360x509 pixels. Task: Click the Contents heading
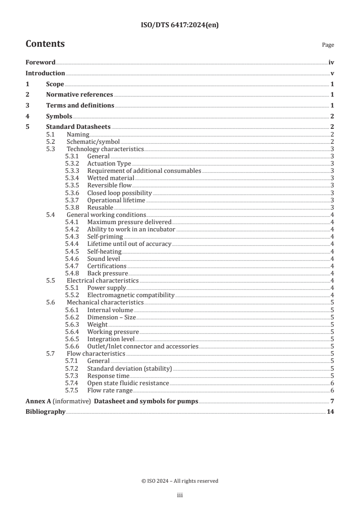tap(45, 44)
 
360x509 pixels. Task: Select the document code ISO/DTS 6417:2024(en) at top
tap(180, 25)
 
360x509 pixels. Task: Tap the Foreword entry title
tap(40, 63)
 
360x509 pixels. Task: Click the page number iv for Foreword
tap(331, 63)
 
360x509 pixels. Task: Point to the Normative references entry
tap(79, 95)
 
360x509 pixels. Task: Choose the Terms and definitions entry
tap(80, 106)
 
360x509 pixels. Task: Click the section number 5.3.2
tap(72, 163)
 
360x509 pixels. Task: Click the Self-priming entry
tap(105, 236)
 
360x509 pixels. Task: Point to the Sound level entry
tap(104, 259)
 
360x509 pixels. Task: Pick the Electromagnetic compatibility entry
tap(131, 295)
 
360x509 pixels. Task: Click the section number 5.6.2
tap(72, 317)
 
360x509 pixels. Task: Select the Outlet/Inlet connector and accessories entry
tap(143, 346)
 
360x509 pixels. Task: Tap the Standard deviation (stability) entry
tap(129, 368)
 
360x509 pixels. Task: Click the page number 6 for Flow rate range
tap(332, 390)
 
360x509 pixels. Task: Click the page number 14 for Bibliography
tap(330, 412)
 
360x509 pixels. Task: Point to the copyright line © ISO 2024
tap(180, 481)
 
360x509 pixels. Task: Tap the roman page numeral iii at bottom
tap(180, 495)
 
